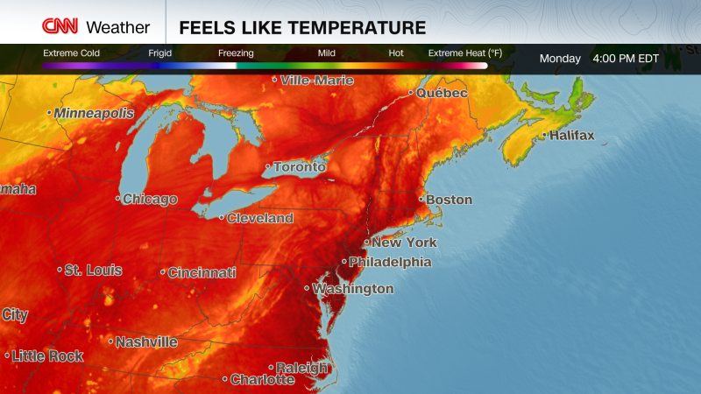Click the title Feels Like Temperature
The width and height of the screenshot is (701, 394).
pos(302,28)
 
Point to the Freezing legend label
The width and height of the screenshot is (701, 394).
pos(236,53)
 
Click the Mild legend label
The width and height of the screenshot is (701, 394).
pos(327,53)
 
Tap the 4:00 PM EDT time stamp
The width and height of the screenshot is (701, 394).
pos(625,59)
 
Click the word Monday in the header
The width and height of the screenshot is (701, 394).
pos(560,59)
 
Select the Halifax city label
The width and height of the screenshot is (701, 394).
pos(571,136)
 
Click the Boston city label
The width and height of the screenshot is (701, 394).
pos(449,200)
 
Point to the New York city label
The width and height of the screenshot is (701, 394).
pos(403,243)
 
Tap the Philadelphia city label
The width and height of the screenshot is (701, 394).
pos(390,262)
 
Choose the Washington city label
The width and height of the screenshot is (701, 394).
pos(353,289)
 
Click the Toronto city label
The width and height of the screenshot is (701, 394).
pos(299,167)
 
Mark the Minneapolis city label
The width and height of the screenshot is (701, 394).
pos(94,114)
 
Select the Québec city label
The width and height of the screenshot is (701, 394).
pos(442,93)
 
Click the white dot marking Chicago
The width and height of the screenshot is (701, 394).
pos(118,199)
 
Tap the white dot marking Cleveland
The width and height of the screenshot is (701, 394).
pos(222,218)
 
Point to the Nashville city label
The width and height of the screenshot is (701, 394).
pos(146,342)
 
